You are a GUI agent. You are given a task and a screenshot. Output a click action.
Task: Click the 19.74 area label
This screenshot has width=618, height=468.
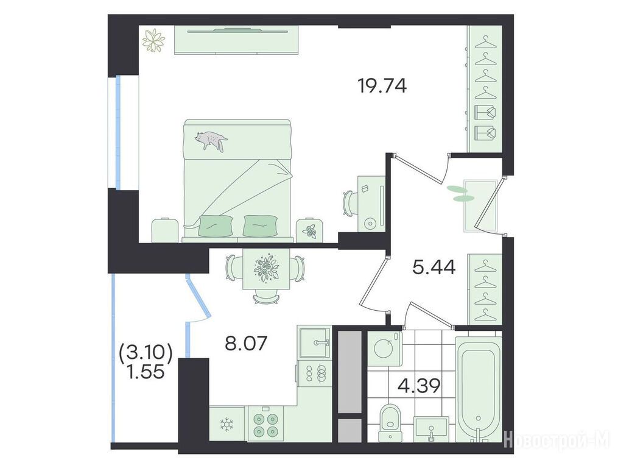pos(382,86)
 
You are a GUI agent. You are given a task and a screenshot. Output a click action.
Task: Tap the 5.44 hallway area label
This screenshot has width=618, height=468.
pos(434,268)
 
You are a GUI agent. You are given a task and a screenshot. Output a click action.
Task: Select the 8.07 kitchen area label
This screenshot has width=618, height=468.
pos(247,343)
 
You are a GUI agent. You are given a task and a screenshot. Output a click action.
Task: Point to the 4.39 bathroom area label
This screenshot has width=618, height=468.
pos(418,386)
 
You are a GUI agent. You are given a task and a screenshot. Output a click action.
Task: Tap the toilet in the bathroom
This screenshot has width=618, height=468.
pos(390,423)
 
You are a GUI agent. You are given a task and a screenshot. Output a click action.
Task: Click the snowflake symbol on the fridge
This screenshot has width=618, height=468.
pos(226,425)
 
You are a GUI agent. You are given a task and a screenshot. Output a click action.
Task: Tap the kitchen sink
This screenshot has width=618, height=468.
pos(315,342)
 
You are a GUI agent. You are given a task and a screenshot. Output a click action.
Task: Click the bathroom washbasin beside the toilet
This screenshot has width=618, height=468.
pos(431,430)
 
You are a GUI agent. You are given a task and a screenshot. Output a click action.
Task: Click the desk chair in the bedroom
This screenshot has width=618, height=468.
pos(349,203)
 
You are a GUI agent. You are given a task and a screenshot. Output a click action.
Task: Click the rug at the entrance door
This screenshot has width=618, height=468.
pos(480,206)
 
